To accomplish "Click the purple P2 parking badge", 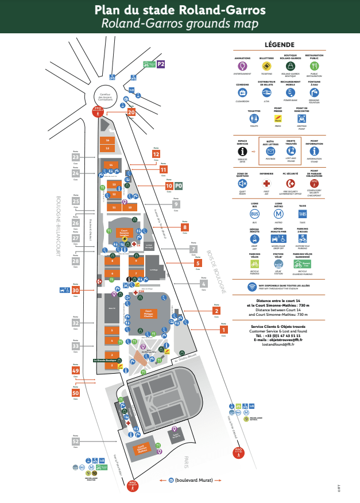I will [x=161, y=64].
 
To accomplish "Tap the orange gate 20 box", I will [x=131, y=113].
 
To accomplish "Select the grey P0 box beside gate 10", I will [x=179, y=186].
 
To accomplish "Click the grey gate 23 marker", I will [x=75, y=158].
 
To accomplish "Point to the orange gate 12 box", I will [x=156, y=154].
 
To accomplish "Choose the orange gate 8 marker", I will [x=184, y=227].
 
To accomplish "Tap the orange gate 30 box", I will [x=75, y=291].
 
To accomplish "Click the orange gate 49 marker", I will [x=75, y=371].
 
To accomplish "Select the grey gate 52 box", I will [x=75, y=442].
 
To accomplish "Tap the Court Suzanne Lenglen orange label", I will [x=123, y=234].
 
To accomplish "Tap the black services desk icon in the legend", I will [x=242, y=151].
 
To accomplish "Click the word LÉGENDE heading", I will [x=279, y=45].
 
